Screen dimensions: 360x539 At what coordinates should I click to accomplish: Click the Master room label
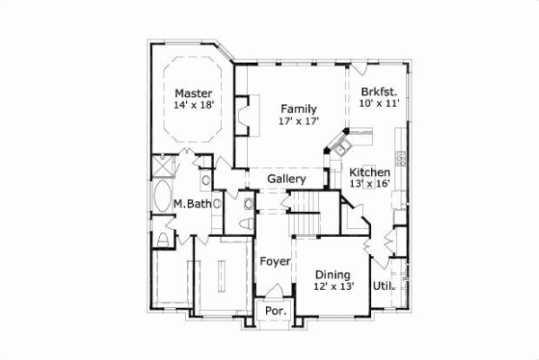(x=193, y=92)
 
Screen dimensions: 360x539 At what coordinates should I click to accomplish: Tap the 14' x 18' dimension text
(x=193, y=106)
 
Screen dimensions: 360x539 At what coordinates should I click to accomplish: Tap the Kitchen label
(x=369, y=171)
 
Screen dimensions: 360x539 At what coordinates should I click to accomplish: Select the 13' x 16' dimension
(x=369, y=184)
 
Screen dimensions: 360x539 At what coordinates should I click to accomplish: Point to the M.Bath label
(x=192, y=205)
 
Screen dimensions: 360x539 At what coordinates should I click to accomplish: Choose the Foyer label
(x=275, y=261)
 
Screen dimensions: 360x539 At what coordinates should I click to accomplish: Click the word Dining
(x=332, y=275)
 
